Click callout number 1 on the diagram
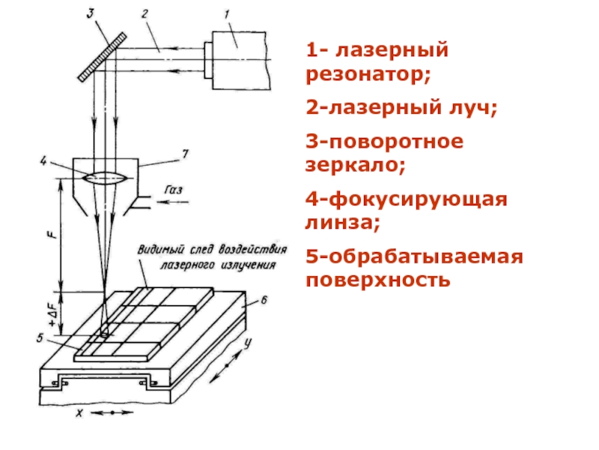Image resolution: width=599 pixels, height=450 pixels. (229, 13)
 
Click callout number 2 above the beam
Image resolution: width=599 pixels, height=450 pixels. (145, 13)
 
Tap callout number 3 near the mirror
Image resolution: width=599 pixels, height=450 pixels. (91, 13)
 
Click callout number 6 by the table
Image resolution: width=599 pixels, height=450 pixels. (263, 300)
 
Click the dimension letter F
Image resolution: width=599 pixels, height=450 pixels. (50, 234)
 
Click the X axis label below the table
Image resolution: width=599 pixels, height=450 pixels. (78, 413)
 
